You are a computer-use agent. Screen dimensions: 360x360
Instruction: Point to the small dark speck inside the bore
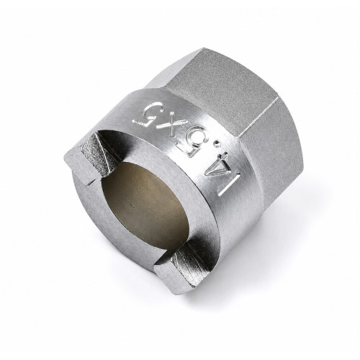[130, 204]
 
